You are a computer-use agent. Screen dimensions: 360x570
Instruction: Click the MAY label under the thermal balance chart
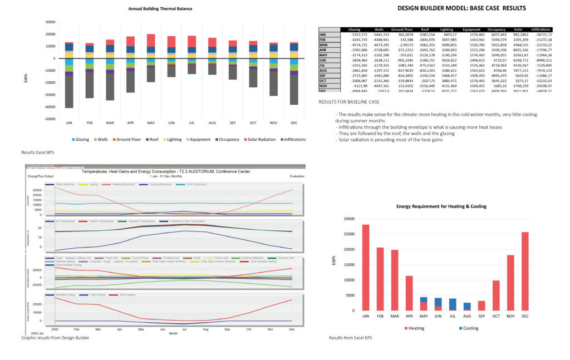tap(151, 124)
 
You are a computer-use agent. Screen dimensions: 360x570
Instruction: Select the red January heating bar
tap(366, 268)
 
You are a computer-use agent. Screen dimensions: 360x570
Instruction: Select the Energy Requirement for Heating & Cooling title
tap(441, 206)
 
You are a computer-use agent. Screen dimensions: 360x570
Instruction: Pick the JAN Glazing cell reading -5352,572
tap(355, 34)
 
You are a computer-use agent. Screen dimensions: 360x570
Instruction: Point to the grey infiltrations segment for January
tap(69, 92)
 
